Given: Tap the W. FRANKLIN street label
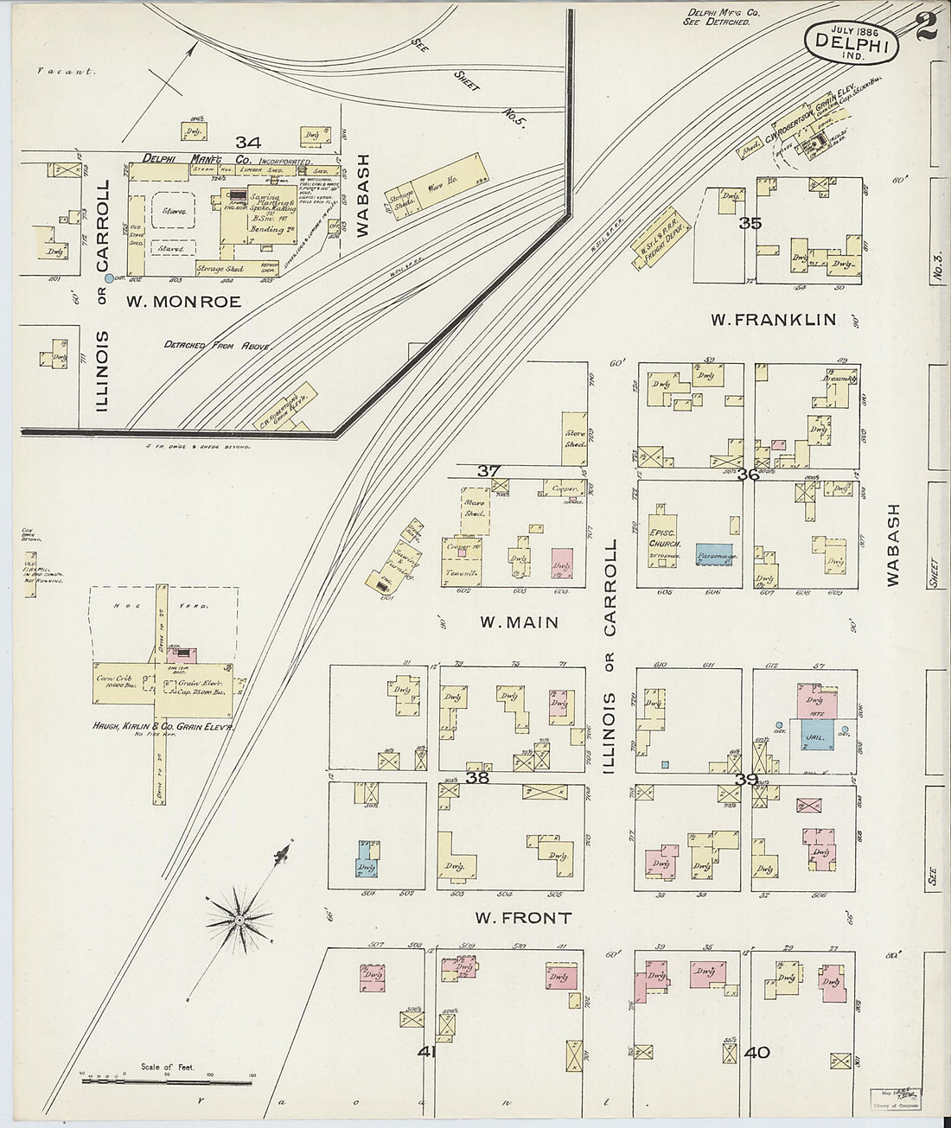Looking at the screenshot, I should click(x=773, y=320).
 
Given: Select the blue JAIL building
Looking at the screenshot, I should click(x=816, y=735).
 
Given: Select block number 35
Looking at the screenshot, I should click(x=750, y=223).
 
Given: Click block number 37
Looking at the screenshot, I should click(x=489, y=471).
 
